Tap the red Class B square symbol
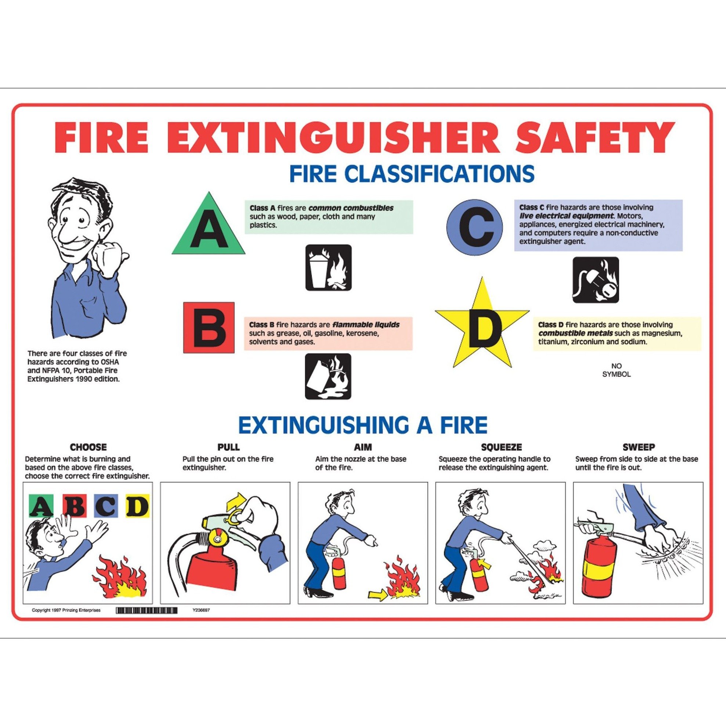(209, 327)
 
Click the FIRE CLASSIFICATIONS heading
(412, 174)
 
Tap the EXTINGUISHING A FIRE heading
(363, 425)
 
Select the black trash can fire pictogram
(328, 267)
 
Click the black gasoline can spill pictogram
(328, 376)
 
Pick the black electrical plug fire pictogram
(596, 280)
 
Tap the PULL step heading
(229, 447)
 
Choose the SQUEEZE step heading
(501, 447)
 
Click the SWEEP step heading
(639, 447)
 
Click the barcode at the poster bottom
(147, 611)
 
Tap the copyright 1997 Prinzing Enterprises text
(66, 610)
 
